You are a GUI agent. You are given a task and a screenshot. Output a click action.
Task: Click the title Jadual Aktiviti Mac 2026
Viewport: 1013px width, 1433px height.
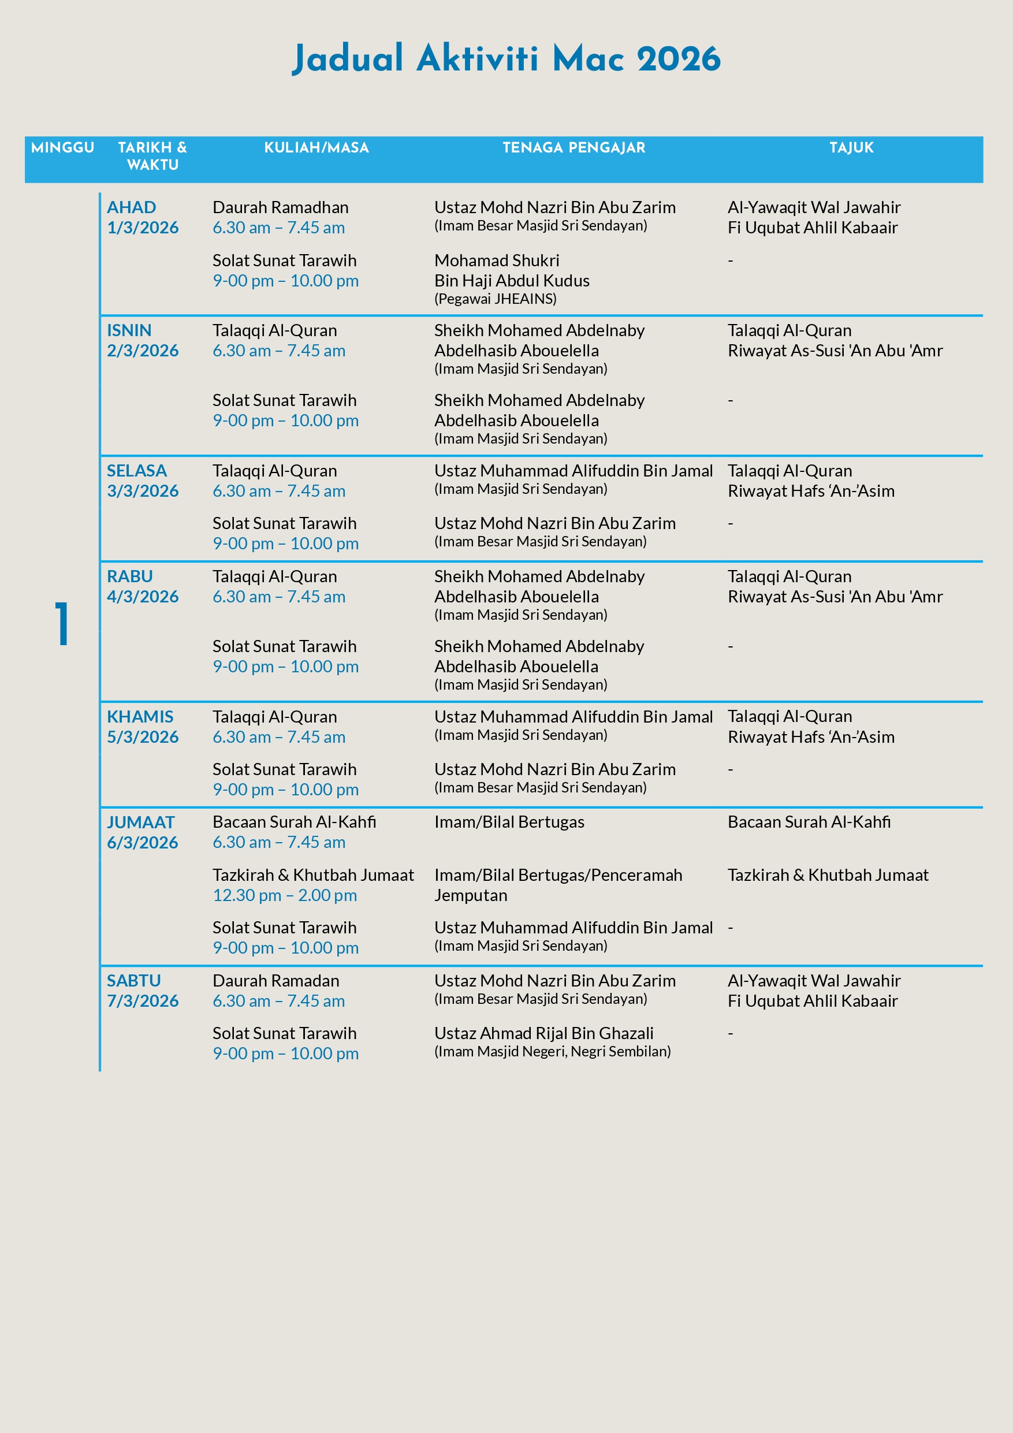pos(505,59)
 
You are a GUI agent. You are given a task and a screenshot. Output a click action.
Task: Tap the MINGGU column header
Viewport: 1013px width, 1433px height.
pos(62,148)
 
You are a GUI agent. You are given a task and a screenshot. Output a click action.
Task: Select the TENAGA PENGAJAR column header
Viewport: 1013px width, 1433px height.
pos(573,148)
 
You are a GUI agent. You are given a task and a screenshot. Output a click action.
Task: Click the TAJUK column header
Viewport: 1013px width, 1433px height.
pos(851,148)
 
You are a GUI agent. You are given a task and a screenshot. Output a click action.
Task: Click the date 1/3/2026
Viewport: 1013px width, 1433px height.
pos(142,228)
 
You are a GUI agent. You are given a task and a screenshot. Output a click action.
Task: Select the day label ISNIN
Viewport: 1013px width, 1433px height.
pos(129,330)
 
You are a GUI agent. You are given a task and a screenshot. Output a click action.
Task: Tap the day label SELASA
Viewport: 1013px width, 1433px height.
pos(136,471)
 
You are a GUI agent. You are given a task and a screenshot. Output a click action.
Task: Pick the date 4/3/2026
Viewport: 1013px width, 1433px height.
pos(142,597)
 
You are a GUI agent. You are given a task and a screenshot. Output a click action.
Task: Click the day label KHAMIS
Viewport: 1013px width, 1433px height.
pos(140,716)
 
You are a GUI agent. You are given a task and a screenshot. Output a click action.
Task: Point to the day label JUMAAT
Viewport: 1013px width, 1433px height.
pos(140,822)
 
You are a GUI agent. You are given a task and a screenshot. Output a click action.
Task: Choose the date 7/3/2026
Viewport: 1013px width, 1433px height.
pos(142,1000)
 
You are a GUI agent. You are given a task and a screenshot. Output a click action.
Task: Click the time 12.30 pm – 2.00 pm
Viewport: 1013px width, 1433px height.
pos(285,895)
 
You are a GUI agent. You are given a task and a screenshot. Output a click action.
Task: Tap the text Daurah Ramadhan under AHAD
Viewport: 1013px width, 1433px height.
pos(280,207)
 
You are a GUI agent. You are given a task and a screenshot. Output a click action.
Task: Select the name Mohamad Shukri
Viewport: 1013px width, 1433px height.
pos(496,260)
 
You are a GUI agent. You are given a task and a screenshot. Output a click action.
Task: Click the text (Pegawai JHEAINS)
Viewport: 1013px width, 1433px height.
pos(495,299)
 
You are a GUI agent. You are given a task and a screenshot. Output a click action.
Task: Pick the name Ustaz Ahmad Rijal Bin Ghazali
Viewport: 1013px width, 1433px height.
pos(543,1033)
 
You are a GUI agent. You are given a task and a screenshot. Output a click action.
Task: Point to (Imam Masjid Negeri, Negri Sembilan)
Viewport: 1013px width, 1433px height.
pos(552,1052)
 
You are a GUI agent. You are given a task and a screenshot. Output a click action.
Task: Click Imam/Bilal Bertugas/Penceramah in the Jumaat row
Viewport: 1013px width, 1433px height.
pos(558,875)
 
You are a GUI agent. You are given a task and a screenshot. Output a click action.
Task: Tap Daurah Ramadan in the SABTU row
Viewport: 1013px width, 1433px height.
pos(275,981)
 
